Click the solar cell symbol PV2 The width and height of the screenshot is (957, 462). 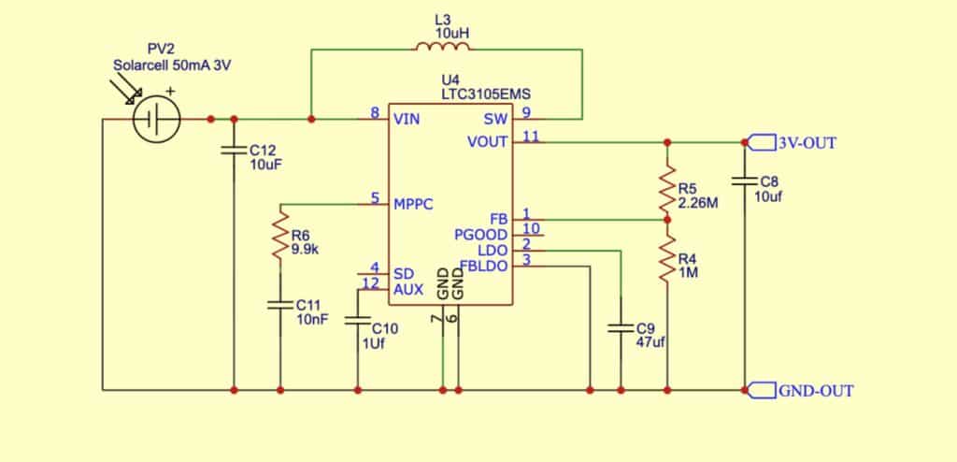(x=156, y=120)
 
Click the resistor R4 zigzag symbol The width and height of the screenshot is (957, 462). (x=667, y=257)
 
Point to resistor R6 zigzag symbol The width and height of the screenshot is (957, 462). (x=279, y=238)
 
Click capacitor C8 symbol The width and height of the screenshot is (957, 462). (x=745, y=180)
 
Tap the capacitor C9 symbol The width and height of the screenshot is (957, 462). (x=621, y=328)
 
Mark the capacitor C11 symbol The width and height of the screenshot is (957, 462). (x=279, y=304)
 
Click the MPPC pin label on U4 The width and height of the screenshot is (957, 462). (x=414, y=203)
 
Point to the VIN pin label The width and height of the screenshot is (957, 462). (x=407, y=119)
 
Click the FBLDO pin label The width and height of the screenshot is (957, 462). (x=483, y=266)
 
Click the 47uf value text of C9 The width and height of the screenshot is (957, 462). (x=650, y=342)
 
